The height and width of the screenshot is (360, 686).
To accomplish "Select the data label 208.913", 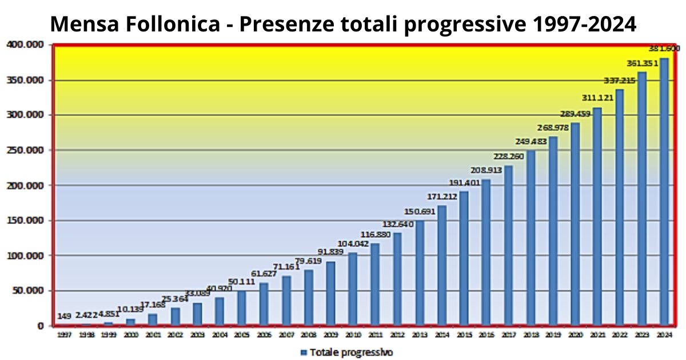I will pyautogui.click(x=486, y=170).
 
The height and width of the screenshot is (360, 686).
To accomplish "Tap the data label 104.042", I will pyautogui.click(x=353, y=243).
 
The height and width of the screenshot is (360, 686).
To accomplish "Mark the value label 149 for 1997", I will pyautogui.click(x=65, y=316).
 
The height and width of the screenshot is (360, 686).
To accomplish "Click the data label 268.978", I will pyautogui.click(x=553, y=127).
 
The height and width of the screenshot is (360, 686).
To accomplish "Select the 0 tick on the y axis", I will pyautogui.click(x=40, y=326).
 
